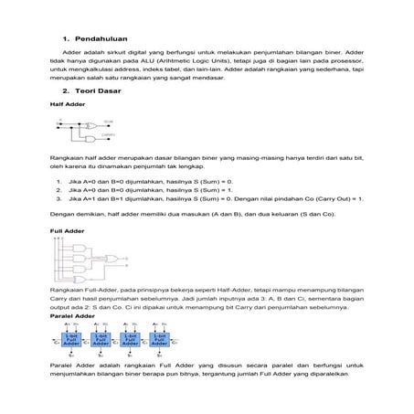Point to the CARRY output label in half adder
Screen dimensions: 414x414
pos(109,134)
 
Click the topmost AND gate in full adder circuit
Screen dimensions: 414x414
pos(84,246)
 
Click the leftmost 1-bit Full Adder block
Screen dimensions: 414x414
pos(72,338)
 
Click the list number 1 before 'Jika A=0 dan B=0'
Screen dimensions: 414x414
pos(58,182)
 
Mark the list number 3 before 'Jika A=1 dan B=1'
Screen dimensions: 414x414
pos(58,197)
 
